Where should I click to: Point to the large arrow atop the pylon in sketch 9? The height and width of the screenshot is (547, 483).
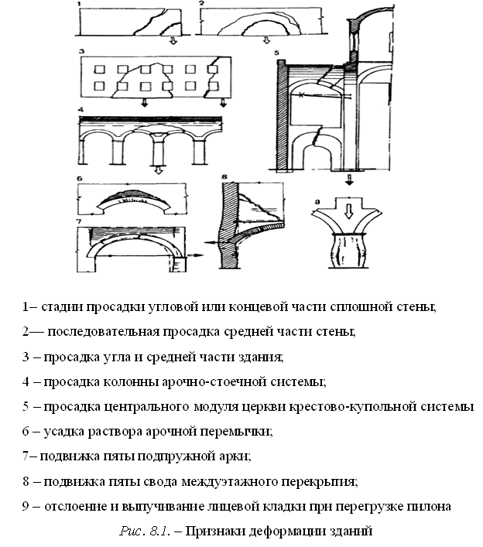(348, 211)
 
